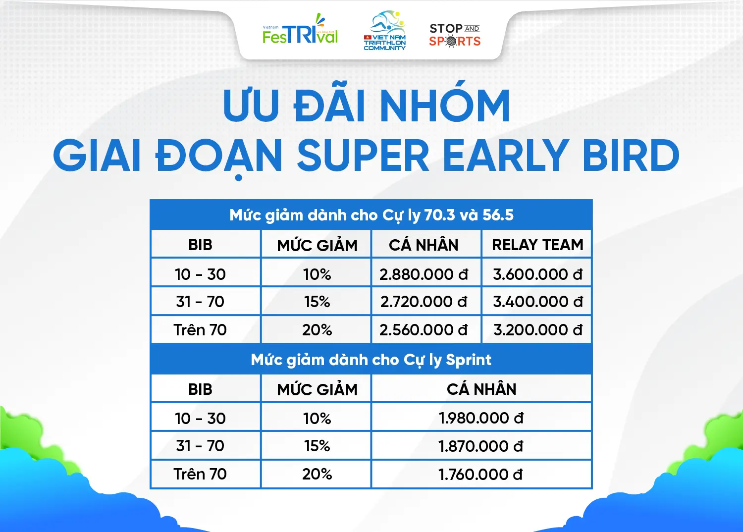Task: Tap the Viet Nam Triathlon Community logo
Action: pyautogui.click(x=385, y=31)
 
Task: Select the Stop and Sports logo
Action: pyautogui.click(x=454, y=35)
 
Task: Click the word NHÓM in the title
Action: pyautogui.click(x=445, y=105)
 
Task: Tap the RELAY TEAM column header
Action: pyautogui.click(x=537, y=245)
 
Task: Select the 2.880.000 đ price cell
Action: pyautogui.click(x=424, y=274)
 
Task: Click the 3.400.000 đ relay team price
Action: pyautogui.click(x=537, y=302)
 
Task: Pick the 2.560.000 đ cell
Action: pyautogui.click(x=424, y=330)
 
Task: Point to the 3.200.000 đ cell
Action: pyautogui.click(x=537, y=330)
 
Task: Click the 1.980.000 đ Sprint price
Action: pyautogui.click(x=481, y=418)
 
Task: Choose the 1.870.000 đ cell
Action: pyautogui.click(x=481, y=446)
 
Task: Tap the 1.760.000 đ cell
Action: pyautogui.click(x=480, y=474)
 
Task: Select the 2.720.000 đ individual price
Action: pyautogui.click(x=424, y=302)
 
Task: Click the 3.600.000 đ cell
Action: pyautogui.click(x=537, y=274)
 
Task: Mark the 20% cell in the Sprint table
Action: pyautogui.click(x=317, y=474)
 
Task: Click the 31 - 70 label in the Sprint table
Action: pyautogui.click(x=200, y=446)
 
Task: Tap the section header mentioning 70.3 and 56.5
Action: pyautogui.click(x=371, y=215)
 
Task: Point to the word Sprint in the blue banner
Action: pyautogui.click(x=469, y=360)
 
